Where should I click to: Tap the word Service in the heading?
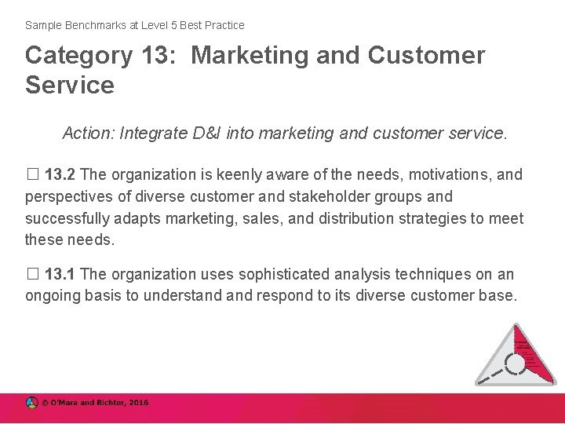click(70, 85)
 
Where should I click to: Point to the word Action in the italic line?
click(89, 134)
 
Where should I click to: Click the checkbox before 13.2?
click(31, 174)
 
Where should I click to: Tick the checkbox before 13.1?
click(31, 275)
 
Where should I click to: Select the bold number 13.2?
click(60, 174)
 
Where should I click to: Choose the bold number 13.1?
click(60, 275)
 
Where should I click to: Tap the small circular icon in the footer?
click(32, 403)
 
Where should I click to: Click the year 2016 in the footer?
click(137, 403)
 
